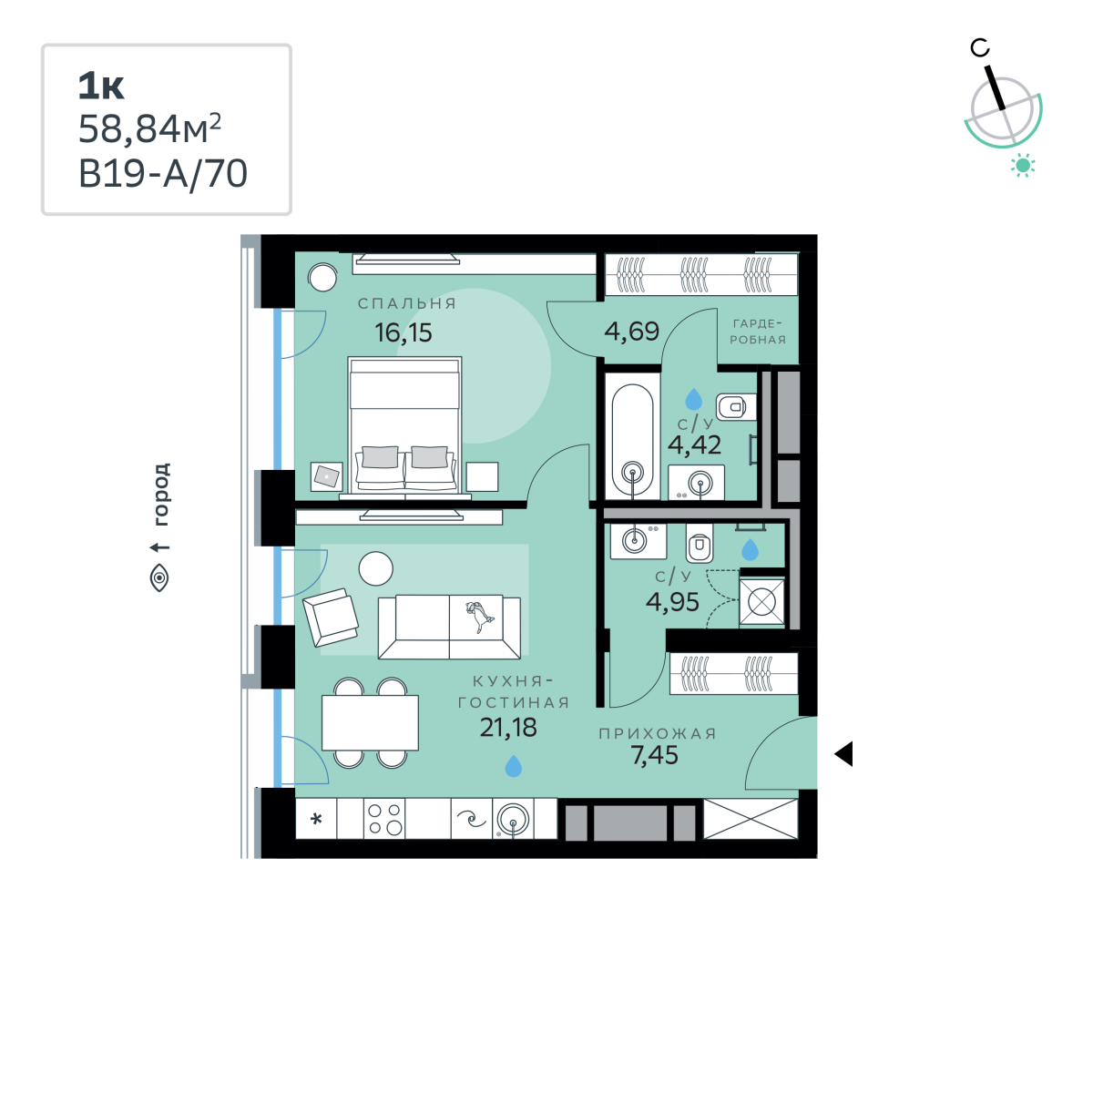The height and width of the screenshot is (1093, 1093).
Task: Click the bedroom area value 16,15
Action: [403, 332]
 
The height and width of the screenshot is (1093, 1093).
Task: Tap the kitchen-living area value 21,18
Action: [508, 727]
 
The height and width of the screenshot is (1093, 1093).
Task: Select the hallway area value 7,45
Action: [655, 755]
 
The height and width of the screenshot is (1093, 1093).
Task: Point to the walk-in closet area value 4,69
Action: [632, 331]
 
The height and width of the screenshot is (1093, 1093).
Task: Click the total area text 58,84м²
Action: [149, 128]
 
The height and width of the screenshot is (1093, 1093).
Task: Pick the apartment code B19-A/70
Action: [163, 174]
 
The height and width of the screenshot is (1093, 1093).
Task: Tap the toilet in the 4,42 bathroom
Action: [736, 406]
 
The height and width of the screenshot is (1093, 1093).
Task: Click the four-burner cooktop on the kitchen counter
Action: [384, 819]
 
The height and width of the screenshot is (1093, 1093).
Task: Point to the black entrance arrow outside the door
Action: [843, 754]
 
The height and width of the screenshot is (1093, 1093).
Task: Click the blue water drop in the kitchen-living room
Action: [514, 766]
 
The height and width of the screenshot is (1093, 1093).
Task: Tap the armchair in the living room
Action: [331, 618]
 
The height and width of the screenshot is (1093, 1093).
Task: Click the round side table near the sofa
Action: [375, 568]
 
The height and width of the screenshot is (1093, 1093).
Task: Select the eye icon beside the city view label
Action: [159, 578]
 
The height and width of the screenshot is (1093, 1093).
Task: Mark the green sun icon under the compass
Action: [1023, 165]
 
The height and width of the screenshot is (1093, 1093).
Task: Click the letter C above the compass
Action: [980, 48]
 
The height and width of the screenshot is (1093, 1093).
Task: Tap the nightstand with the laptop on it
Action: [327, 476]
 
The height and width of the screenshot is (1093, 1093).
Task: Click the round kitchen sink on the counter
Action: [514, 820]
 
